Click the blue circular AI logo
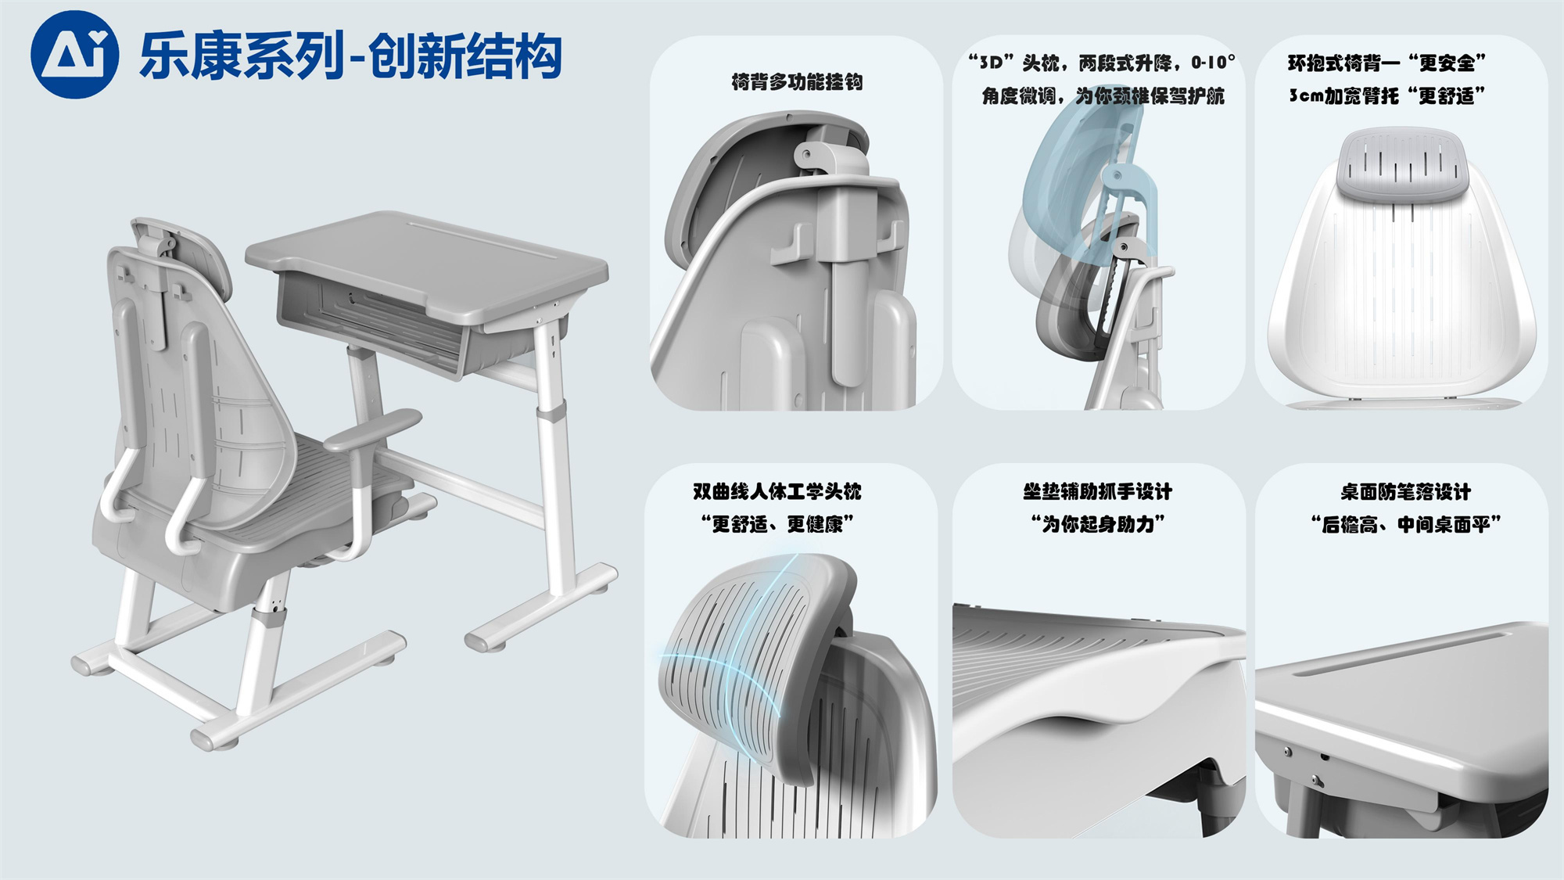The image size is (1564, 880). (74, 54)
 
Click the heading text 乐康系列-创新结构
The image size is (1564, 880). (351, 56)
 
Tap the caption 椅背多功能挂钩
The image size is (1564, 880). (797, 82)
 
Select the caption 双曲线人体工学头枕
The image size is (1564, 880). (777, 491)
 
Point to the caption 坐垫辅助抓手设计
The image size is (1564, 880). (1098, 491)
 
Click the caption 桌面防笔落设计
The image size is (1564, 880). (1406, 491)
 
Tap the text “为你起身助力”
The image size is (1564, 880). (1098, 523)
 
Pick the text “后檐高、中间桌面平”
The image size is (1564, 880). (1406, 523)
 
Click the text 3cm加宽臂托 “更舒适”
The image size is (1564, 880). (1387, 95)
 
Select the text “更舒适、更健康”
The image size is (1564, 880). (777, 523)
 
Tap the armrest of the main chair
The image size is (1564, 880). (372, 429)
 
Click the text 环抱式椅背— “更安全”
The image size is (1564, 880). (1387, 63)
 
